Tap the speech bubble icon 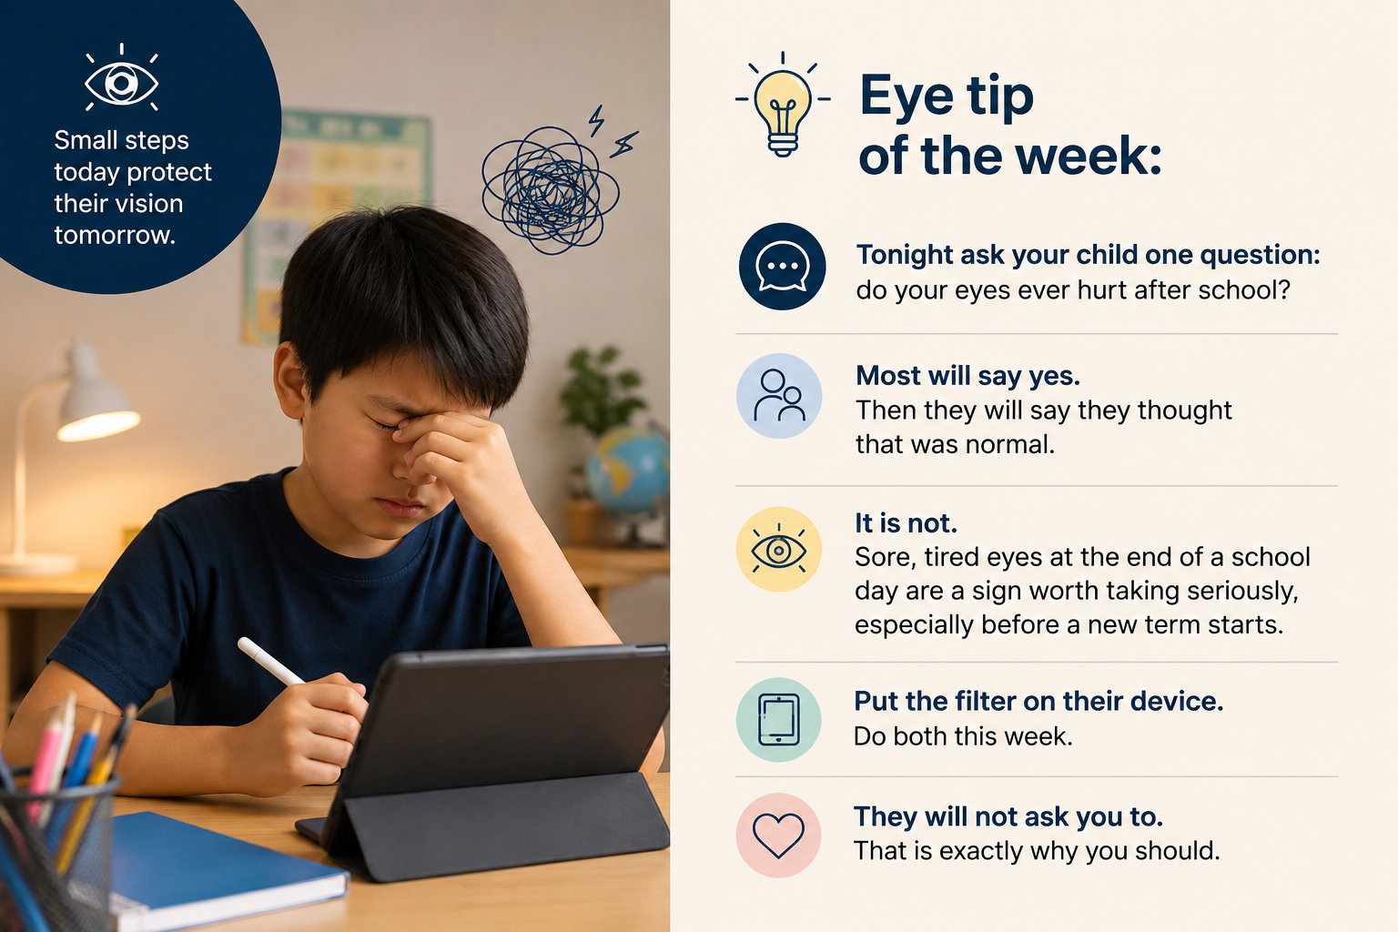point(782,266)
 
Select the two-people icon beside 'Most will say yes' point(779,395)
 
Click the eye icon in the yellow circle point(778,550)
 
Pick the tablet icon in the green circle point(778,719)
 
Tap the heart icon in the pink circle point(778,836)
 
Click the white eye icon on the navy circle point(121,80)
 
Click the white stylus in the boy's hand point(269,661)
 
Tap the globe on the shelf point(627,470)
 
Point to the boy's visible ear point(289,380)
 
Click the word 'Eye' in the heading point(907,96)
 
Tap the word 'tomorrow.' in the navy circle point(115,236)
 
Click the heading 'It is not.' point(906,523)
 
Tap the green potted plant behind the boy point(601,390)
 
